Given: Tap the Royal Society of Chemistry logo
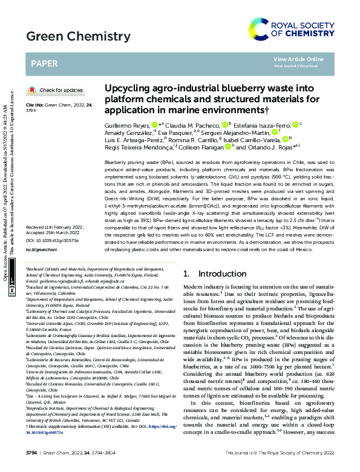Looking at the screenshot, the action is click(296, 28).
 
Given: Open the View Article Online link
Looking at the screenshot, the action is click(295, 59).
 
